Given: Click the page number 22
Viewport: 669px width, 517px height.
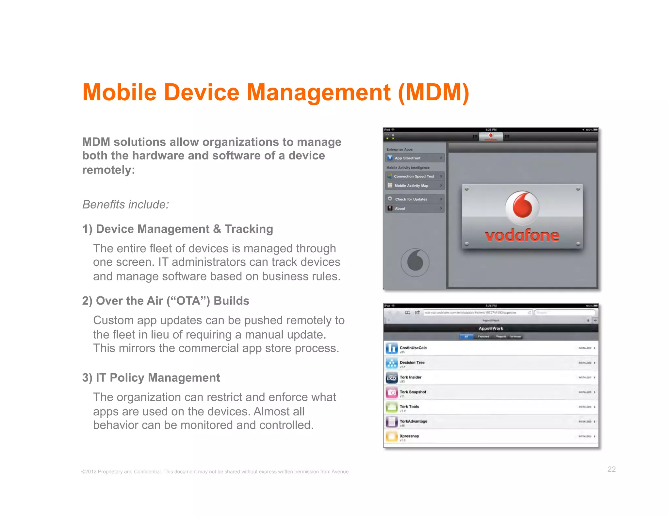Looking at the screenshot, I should point(612,469).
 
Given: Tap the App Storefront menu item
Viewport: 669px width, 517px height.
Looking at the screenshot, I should point(415,158).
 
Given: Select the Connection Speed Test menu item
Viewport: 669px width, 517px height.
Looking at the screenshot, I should point(415,176).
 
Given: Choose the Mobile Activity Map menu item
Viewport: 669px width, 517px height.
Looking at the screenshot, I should point(415,186).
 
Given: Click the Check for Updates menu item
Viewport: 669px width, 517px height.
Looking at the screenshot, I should point(415,199).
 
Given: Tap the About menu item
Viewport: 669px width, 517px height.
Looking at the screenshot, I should point(415,208).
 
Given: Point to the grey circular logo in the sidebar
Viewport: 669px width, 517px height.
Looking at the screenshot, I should point(415,262).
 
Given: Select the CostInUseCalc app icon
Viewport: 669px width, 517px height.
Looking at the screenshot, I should point(392,348).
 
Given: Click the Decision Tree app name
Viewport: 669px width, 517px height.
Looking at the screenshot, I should point(412,362).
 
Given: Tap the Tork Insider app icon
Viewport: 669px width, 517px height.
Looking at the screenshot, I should point(392,378).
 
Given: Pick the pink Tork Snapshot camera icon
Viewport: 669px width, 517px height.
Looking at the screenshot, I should point(392,392).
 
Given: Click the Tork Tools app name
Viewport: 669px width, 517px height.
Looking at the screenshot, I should point(409,407).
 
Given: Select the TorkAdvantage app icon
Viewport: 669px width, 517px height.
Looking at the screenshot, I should point(392,422).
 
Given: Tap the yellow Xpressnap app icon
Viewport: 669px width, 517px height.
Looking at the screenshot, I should point(392,437).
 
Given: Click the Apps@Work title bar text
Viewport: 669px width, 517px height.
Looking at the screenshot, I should point(491,328).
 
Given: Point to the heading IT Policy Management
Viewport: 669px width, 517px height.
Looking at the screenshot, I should point(151,378).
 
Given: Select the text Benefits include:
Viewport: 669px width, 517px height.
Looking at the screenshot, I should point(126,205).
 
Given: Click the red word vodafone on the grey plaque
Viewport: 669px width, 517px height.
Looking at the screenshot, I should point(522,236).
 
